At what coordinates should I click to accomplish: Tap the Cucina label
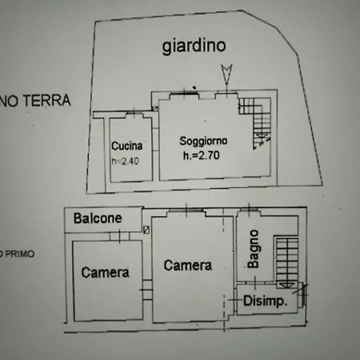tap(127, 146)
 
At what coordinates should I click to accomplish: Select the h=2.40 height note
tap(126, 160)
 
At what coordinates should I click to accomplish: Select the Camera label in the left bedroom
tap(105, 273)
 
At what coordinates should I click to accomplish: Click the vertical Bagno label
tap(253, 253)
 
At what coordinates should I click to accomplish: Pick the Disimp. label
tap(266, 301)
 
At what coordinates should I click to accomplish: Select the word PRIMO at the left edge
tap(15, 254)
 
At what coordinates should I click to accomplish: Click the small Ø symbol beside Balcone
tap(145, 230)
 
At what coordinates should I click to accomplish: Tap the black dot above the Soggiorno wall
tap(194, 86)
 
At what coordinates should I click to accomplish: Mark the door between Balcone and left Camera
tap(118, 235)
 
